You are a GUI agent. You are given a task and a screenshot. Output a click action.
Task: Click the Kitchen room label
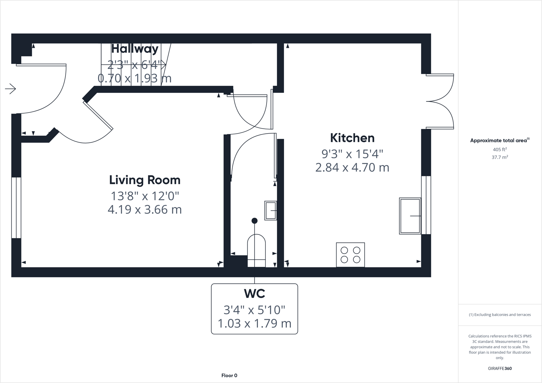pos(352,138)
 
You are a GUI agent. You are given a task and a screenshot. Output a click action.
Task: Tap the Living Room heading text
pos(145,180)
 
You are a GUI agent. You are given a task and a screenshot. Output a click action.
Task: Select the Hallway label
pos(135,49)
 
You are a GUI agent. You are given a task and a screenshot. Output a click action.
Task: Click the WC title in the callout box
pos(254,294)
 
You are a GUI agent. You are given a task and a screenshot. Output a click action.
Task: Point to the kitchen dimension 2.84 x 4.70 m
pos(352,167)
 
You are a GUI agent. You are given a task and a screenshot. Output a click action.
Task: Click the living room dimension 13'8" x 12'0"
pos(145,196)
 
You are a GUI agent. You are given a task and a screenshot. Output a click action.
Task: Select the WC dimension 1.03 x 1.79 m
pos(254,323)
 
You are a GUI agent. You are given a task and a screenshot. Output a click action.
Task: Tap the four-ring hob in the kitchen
pos(350,255)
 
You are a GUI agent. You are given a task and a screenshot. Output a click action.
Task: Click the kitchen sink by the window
pos(410,216)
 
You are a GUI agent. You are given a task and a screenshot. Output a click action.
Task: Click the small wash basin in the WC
pos(270,210)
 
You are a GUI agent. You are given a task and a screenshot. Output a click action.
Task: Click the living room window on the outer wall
pos(16,208)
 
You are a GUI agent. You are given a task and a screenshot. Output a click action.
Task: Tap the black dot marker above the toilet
pos(254,221)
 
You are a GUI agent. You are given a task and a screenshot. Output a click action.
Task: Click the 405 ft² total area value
pos(499,150)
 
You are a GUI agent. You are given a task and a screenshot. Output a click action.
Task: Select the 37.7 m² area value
pos(499,157)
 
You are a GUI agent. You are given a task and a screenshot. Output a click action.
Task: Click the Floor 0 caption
pos(229,375)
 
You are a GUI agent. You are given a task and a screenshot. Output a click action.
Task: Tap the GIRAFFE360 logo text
pos(499,368)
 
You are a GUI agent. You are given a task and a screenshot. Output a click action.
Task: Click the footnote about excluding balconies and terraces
pos(499,315)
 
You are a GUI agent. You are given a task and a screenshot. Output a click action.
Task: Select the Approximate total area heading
pos(499,140)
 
